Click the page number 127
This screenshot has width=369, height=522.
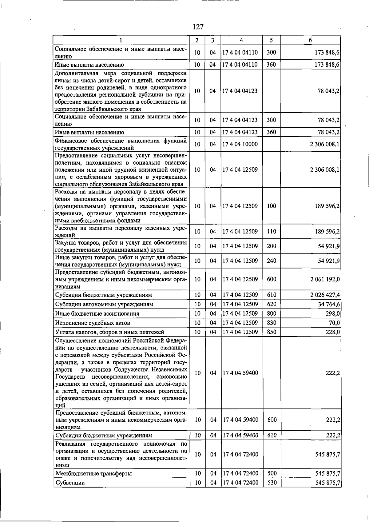click(x=198, y=27)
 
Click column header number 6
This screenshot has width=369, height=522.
click(x=310, y=40)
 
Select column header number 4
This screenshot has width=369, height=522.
click(x=241, y=40)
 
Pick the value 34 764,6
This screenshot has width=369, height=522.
click(x=329, y=304)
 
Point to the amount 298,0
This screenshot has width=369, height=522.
click(x=333, y=313)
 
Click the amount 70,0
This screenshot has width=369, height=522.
click(x=334, y=323)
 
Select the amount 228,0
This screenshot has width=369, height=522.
click(x=333, y=332)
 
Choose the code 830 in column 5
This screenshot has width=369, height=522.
click(x=272, y=323)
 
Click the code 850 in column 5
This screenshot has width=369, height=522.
click(x=272, y=332)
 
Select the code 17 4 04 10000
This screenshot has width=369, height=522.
click(x=240, y=144)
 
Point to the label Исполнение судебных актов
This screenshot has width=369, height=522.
click(x=93, y=323)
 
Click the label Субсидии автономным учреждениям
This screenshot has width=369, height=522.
click(x=104, y=304)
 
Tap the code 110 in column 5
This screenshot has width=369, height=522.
click(x=272, y=232)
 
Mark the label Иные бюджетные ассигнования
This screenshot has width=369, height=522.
click(x=97, y=314)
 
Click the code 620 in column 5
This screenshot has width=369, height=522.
click(x=272, y=304)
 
